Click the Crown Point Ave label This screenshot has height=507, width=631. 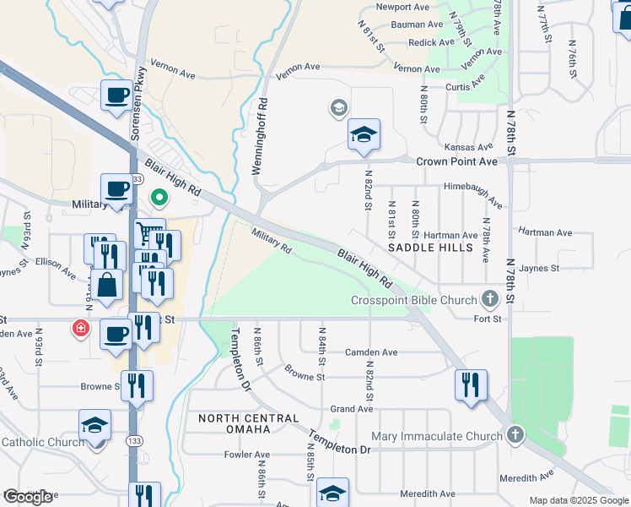(457, 161)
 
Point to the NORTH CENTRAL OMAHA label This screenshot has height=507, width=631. (249, 425)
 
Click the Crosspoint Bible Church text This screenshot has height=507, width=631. (413, 300)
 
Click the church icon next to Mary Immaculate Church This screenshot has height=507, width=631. (515, 436)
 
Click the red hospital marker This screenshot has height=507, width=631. (81, 327)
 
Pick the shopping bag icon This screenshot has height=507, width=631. (109, 286)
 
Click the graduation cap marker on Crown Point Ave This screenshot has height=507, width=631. (364, 134)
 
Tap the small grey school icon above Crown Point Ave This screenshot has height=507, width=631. (338, 107)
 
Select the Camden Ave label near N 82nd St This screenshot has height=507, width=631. (371, 352)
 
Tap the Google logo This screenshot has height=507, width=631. (28, 497)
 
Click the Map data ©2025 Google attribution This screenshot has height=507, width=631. (579, 500)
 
